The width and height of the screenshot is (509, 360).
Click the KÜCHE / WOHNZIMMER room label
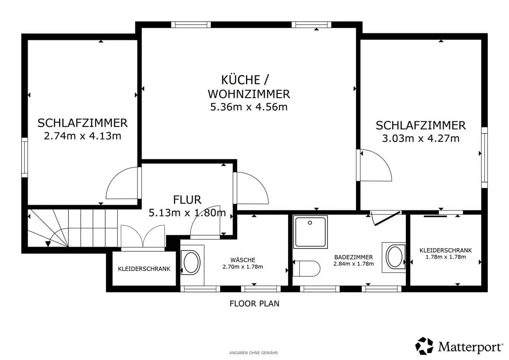[249, 87]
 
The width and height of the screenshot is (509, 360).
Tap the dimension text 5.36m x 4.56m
[249, 107]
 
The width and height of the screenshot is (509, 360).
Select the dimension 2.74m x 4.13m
[82, 136]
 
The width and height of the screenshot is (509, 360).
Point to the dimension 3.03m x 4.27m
[421, 138]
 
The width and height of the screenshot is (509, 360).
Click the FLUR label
[187, 200]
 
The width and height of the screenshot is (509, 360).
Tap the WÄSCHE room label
[243, 260]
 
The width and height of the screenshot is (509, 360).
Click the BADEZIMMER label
[354, 257]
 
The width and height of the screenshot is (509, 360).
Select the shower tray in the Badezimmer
[310, 232]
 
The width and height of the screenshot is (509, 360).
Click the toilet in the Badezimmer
[306, 269]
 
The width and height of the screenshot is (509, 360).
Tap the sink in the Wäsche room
[191, 262]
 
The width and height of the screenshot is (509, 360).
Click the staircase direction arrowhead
[48, 244]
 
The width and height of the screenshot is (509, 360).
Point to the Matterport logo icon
[424, 346]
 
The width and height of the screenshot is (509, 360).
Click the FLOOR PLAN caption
[254, 304]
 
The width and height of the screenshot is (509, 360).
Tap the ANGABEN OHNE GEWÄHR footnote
[254, 353]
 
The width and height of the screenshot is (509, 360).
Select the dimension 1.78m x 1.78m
[446, 257]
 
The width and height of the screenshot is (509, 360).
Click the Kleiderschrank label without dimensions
[144, 269]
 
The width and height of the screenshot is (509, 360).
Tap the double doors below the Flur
[143, 238]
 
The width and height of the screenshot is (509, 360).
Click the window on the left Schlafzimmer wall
[25, 157]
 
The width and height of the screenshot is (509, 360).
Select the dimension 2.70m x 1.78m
[243, 267]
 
